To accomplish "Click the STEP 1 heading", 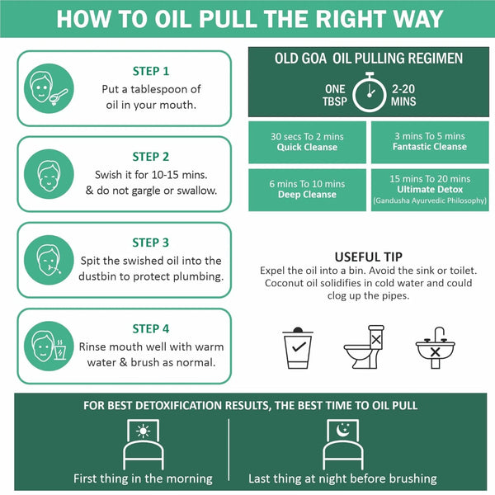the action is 151,71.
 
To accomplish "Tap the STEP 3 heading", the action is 151,243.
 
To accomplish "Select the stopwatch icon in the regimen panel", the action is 369,92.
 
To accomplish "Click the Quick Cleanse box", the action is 307,142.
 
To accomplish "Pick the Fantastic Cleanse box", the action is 430,142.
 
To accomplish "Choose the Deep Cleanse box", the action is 307,190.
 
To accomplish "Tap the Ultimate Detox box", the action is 430,190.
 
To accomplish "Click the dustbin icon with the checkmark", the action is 298,347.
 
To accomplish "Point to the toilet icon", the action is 364,347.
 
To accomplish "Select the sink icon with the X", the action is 436,347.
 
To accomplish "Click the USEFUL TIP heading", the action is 369,257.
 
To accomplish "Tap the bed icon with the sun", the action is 143,445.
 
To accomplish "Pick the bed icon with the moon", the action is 343,445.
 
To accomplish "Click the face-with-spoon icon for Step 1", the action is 49,88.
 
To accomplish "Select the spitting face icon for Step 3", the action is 49,260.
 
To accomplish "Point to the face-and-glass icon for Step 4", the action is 49,346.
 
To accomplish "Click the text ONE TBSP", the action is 335,95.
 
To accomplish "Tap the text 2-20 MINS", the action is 403,95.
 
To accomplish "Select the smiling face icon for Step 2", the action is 49,174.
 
